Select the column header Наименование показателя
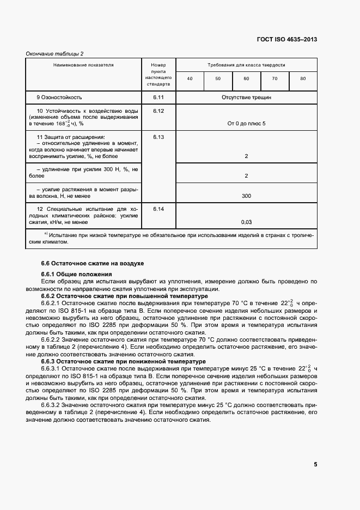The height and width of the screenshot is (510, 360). click(x=83, y=64)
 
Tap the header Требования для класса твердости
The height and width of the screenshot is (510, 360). click(x=246, y=64)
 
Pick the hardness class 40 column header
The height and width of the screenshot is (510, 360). click(x=190, y=79)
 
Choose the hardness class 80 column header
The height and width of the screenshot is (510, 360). click(x=303, y=79)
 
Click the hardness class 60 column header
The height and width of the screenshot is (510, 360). click(x=246, y=79)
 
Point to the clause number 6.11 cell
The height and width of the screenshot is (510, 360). click(x=158, y=98)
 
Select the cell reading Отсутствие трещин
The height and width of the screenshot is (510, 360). click(x=246, y=98)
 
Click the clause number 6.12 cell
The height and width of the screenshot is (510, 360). click(x=158, y=111)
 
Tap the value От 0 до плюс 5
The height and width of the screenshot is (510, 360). click(x=246, y=124)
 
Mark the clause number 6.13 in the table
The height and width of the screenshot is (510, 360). click(x=158, y=137)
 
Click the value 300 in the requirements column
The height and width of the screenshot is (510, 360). click(x=246, y=196)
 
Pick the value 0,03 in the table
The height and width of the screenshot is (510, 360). click(x=246, y=222)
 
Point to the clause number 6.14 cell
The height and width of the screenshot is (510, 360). click(x=158, y=209)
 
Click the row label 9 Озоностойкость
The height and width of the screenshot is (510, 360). click(x=59, y=98)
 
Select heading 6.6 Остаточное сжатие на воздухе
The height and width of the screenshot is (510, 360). click(x=85, y=263)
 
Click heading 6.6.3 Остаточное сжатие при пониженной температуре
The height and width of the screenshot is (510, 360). click(x=116, y=361)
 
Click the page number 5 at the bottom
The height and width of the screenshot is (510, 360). click(x=315, y=464)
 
